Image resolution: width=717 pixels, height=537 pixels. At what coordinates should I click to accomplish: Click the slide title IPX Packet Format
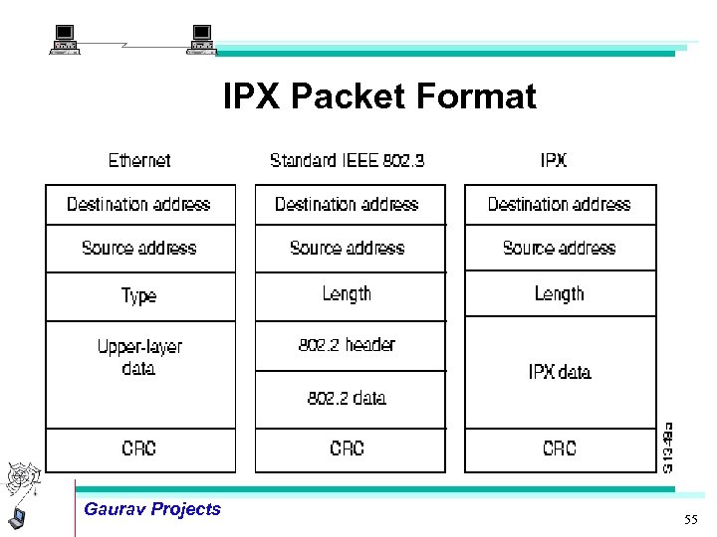pyautogui.click(x=379, y=97)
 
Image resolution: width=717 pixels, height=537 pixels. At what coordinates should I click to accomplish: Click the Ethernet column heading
pyautogui.click(x=139, y=160)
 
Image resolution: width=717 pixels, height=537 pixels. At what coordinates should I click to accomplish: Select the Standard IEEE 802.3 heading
pyautogui.click(x=347, y=160)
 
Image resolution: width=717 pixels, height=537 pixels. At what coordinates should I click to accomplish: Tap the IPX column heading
pyautogui.click(x=554, y=160)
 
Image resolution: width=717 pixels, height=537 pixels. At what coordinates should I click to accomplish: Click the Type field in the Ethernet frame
pyautogui.click(x=139, y=296)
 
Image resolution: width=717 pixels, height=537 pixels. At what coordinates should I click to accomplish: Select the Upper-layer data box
pyautogui.click(x=139, y=374)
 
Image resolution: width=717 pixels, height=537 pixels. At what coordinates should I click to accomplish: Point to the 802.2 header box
pyautogui.click(x=348, y=345)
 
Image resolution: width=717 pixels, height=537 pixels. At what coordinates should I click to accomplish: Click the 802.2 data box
pyautogui.click(x=348, y=399)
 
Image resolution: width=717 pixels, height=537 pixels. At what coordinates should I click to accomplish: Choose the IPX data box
pyautogui.click(x=560, y=372)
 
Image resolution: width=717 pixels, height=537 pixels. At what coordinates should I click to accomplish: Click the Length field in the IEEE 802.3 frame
pyautogui.click(x=348, y=294)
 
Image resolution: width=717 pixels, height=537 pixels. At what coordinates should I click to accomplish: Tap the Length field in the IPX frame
pyautogui.click(x=560, y=294)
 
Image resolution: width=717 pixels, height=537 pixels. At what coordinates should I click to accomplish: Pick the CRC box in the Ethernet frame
pyautogui.click(x=139, y=449)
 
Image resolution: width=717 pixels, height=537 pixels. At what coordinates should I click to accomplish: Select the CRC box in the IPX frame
pyautogui.click(x=560, y=449)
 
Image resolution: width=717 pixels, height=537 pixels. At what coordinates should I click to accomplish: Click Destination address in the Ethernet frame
pyautogui.click(x=139, y=205)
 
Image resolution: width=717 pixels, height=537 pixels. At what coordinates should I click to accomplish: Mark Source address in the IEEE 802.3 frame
pyautogui.click(x=348, y=248)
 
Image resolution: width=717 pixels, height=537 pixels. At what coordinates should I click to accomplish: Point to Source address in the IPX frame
pyautogui.click(x=560, y=248)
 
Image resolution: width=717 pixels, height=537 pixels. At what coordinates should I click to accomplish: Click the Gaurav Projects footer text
pyautogui.click(x=152, y=509)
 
